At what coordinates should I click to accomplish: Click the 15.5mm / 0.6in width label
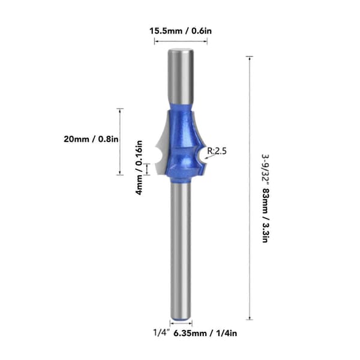click(x=181, y=31)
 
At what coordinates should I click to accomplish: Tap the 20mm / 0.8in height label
click(x=91, y=139)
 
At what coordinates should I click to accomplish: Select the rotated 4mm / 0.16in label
click(x=139, y=168)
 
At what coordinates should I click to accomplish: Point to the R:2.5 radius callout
click(x=217, y=151)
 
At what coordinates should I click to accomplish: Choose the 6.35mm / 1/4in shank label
click(x=205, y=333)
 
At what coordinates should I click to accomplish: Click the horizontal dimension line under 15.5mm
click(x=181, y=41)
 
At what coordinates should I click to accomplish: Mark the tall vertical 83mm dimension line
click(x=250, y=188)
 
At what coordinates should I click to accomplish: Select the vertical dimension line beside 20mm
click(x=120, y=142)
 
